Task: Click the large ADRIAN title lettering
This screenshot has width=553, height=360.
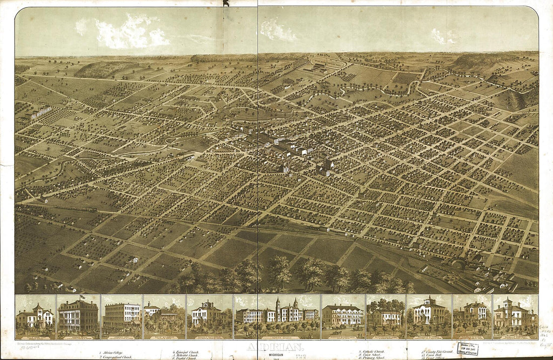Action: pyautogui.click(x=275, y=347)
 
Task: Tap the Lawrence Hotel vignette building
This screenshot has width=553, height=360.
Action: pyautogui.click(x=122, y=316)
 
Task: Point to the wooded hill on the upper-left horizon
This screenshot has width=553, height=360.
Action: pyautogui.click(x=103, y=69)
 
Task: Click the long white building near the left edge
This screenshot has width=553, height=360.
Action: pyautogui.click(x=41, y=112)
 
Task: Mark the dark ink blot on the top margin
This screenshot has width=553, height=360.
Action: pyautogui.click(x=226, y=3)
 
